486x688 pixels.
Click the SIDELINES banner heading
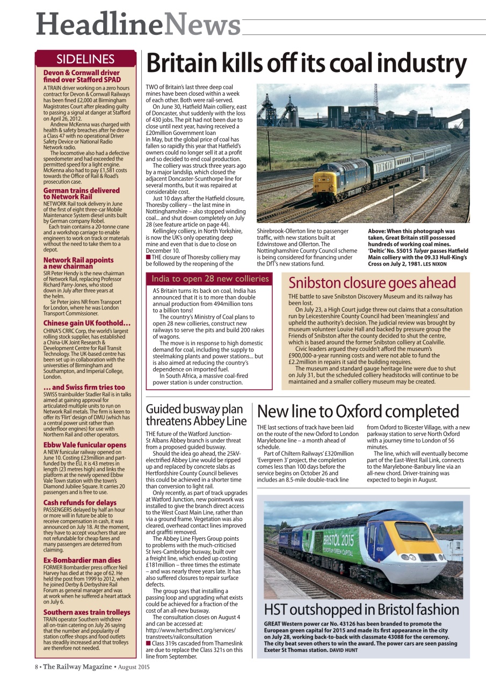point(85,59)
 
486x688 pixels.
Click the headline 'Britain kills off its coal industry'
point(307,64)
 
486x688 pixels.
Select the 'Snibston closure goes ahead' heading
point(372,283)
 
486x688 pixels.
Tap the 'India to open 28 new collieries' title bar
point(210,278)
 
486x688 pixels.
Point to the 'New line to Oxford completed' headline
point(358,411)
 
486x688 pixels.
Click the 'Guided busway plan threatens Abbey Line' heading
point(196,415)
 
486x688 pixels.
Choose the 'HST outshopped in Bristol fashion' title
point(361,610)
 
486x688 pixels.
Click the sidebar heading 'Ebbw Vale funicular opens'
point(85,445)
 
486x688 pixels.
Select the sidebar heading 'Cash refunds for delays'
point(79,503)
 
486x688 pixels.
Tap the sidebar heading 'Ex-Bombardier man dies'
point(82,560)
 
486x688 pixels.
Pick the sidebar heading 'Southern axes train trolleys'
point(86,612)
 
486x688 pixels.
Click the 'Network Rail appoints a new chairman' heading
point(78,263)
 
